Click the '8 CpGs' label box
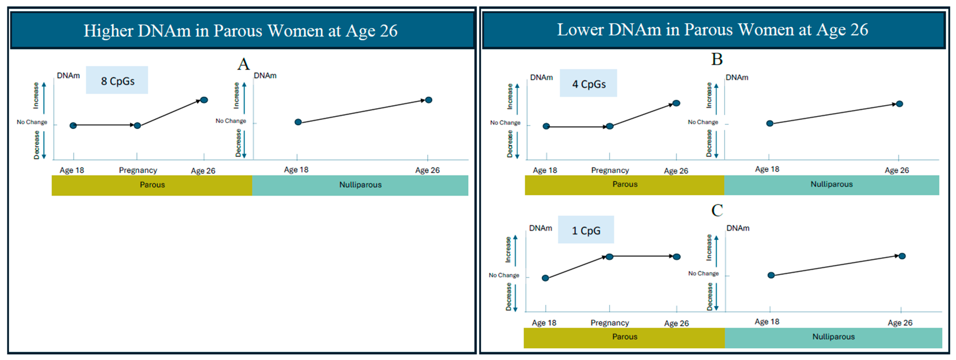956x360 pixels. tap(117, 80)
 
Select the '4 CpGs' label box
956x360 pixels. tap(588, 83)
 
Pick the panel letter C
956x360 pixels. tap(717, 210)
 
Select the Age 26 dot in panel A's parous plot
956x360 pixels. tap(204, 100)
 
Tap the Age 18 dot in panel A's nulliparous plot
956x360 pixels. tap(298, 122)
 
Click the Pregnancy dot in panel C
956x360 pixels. tap(609, 257)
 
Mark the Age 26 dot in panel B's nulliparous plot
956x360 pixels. tap(899, 104)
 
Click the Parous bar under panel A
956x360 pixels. tap(152, 185)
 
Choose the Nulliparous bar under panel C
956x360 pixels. tap(833, 337)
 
